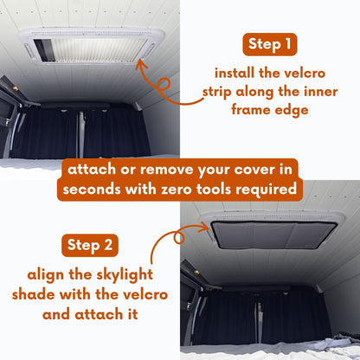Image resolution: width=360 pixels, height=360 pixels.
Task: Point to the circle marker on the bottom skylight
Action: pos(183,235)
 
